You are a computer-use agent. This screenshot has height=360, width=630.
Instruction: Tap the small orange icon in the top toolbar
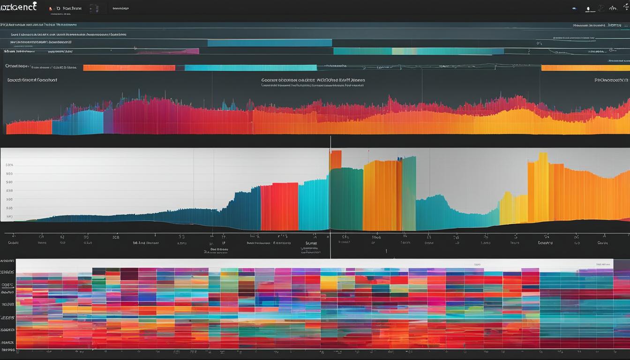pos(51,8)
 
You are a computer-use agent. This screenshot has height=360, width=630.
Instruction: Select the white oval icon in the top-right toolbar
pos(588,8)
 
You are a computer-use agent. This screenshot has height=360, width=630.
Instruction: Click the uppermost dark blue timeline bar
pos(270,43)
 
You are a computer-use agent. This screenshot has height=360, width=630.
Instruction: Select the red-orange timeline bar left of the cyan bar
pos(129,67)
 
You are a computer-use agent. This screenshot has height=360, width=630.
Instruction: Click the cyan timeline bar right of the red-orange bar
pos(250,67)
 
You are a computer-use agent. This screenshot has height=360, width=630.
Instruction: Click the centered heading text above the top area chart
pos(313,80)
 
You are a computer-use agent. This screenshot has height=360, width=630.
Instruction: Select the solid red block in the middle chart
pos(279,206)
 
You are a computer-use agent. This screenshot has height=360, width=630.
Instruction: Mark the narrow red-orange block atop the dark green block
pos(336,159)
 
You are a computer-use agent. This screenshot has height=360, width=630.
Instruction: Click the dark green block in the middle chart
pos(346,199)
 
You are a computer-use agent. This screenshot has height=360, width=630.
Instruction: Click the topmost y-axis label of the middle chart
pos(9,165)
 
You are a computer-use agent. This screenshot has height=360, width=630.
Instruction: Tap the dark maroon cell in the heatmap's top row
pos(129,273)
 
